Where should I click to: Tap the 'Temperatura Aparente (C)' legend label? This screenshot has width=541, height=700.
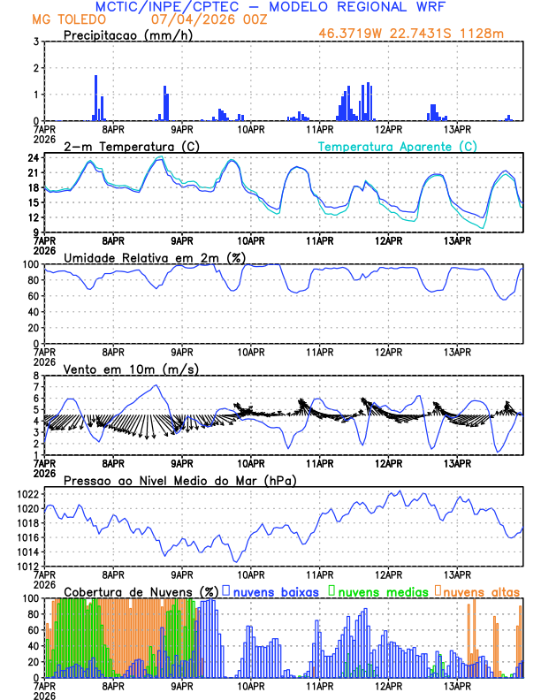[398, 146]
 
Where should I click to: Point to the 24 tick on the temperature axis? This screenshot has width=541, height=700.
[32, 157]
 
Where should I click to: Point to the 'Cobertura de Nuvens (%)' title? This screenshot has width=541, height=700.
[141, 590]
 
